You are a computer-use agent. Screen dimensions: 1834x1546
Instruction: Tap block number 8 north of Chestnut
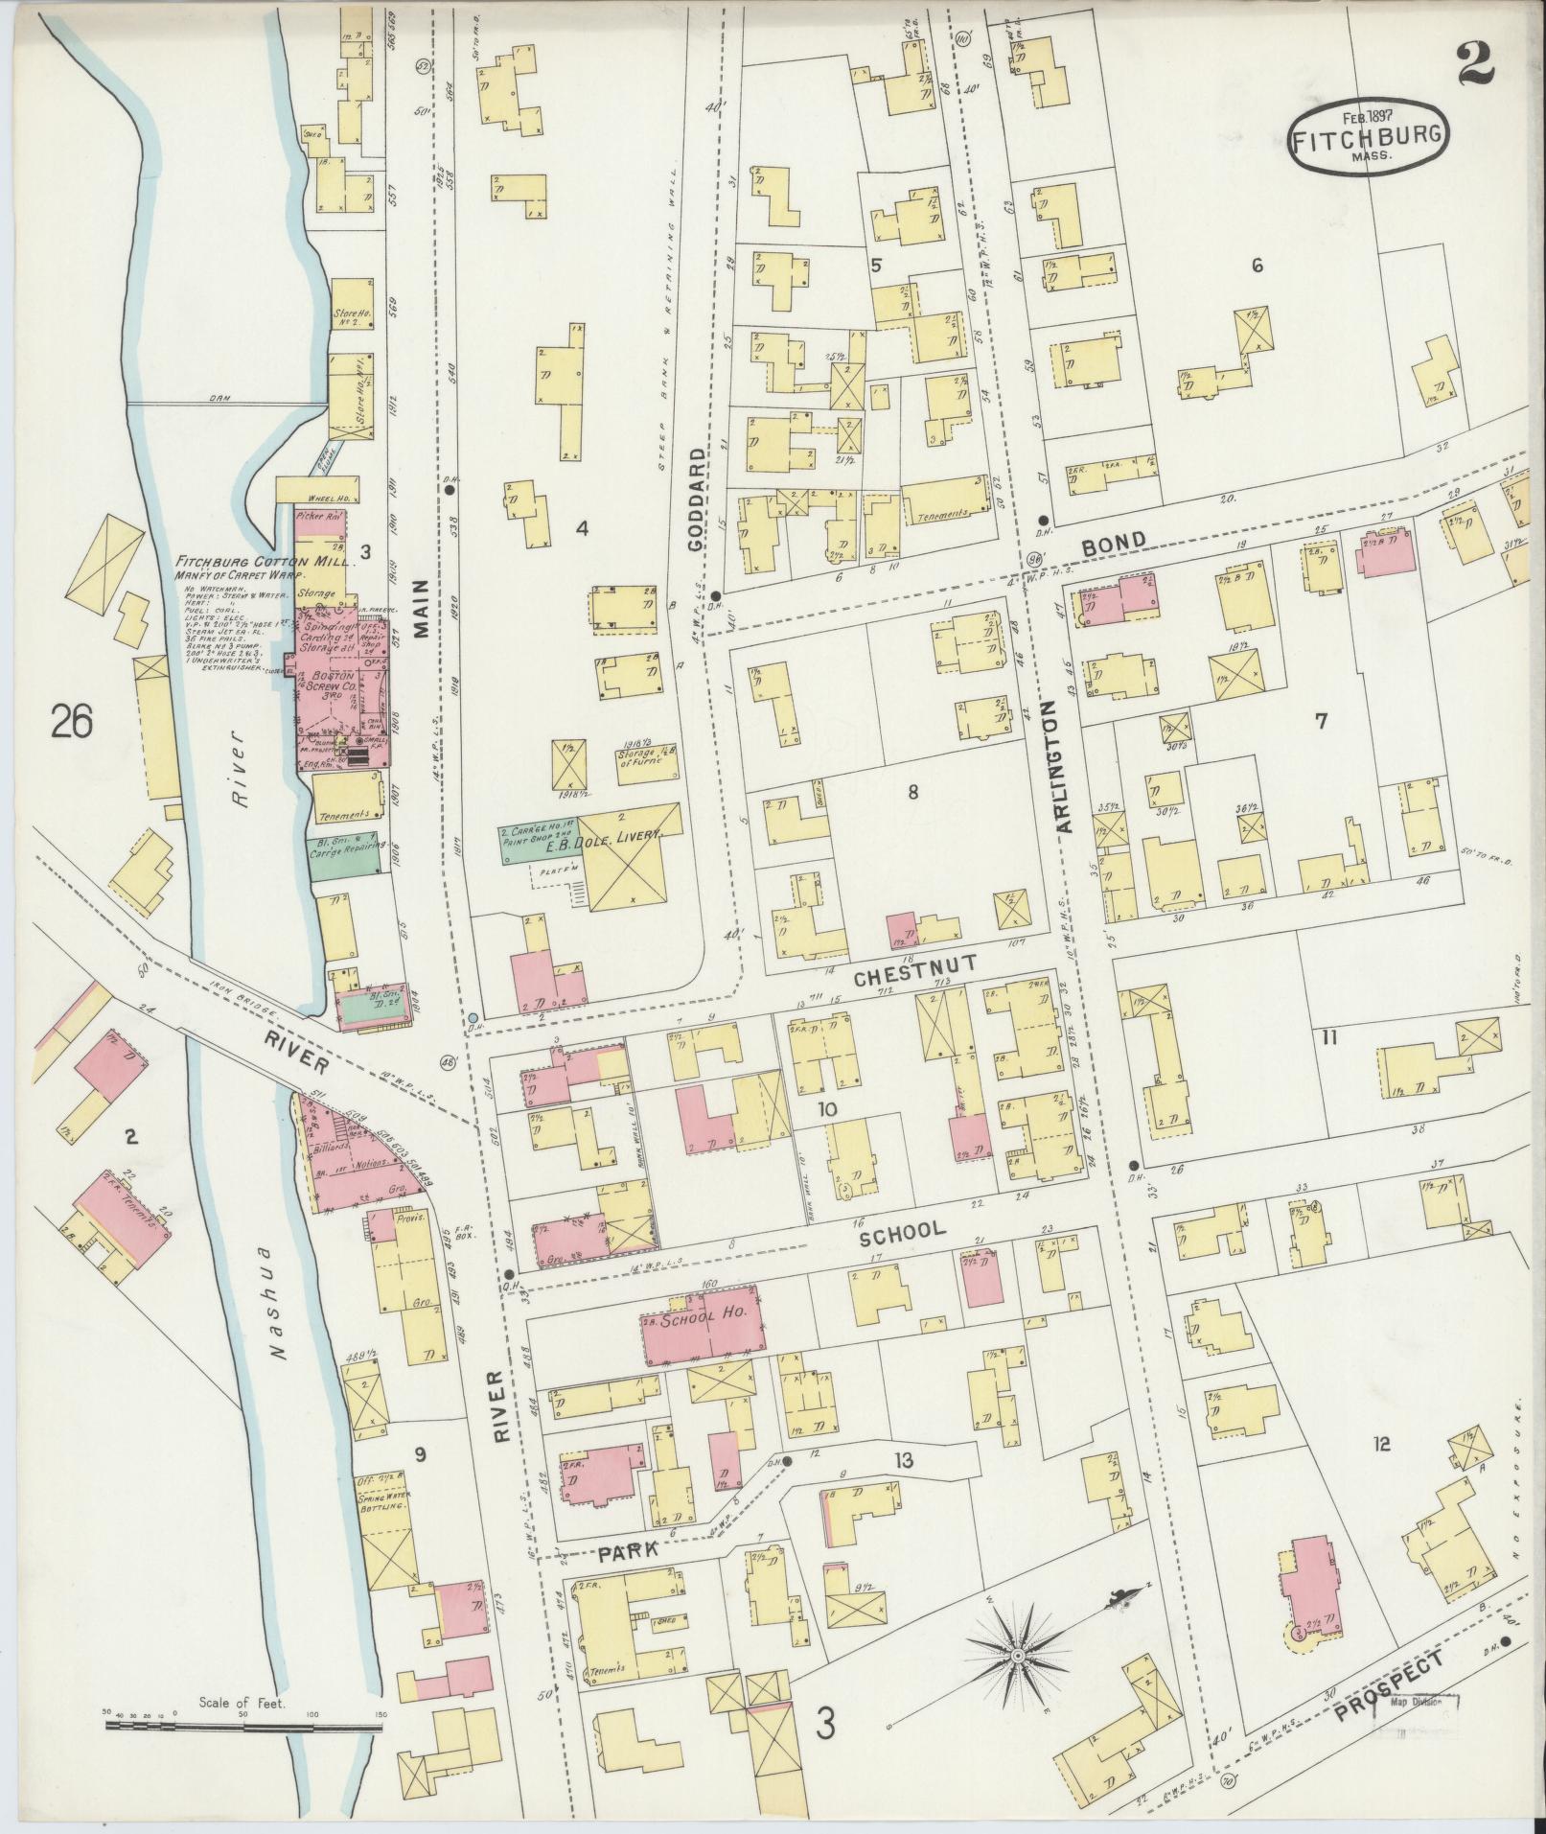(912, 792)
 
